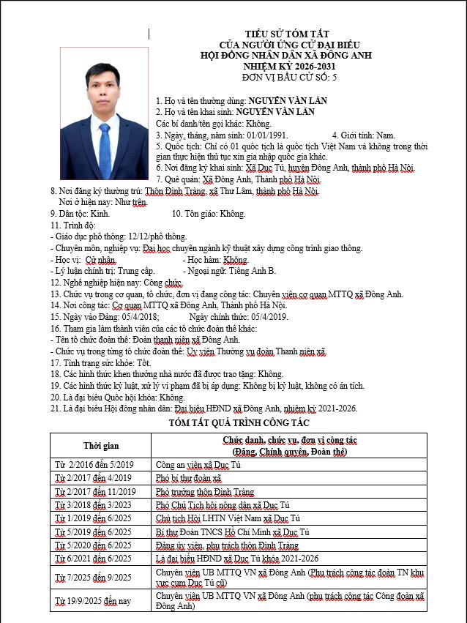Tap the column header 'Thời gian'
click(100, 446)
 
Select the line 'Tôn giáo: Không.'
click(209, 214)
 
